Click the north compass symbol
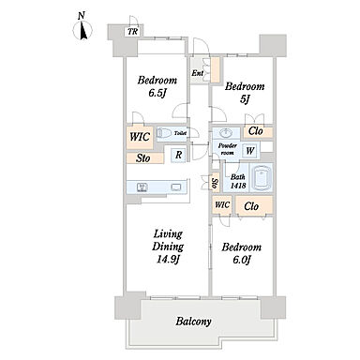82,28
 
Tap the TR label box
133,32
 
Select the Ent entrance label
198,73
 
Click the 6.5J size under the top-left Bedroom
157,93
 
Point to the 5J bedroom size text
245,99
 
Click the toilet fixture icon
164,133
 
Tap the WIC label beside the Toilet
140,137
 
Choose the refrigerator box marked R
178,155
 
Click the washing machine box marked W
250,151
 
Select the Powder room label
228,149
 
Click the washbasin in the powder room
225,133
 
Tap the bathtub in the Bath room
262,177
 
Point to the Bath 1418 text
238,181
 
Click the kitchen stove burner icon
142,187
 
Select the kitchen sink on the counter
176,187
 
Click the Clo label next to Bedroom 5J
256,131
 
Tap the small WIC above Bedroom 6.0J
222,205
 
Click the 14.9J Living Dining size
168,260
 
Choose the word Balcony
193,322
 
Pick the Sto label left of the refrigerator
142,158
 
